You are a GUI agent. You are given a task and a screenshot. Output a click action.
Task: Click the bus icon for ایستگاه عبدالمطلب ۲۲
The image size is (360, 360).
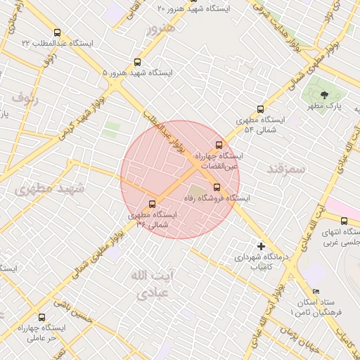[57, 32]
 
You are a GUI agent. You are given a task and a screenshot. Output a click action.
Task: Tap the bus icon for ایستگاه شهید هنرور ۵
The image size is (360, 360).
[137, 62]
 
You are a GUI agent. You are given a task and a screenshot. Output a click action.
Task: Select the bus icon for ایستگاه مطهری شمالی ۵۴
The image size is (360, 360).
[260, 109]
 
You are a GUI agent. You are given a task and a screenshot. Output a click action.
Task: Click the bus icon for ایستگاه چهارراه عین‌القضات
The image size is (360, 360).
[218, 144]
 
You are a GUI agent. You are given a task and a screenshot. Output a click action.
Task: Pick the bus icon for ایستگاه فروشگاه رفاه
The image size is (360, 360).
[216, 187]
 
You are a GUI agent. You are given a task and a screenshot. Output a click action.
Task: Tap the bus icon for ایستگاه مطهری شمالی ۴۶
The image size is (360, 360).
[153, 204]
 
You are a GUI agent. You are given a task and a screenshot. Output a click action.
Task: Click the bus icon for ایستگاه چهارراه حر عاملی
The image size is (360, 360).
[41, 317]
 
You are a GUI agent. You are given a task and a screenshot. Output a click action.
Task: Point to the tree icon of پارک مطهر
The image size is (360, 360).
[324, 94]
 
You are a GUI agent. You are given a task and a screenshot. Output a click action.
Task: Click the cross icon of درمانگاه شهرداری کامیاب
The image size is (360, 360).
[261, 246]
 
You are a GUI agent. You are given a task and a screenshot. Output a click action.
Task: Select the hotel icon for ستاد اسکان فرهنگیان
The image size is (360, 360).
[316, 291]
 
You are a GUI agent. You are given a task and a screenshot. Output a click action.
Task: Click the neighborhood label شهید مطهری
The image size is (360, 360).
[50, 188]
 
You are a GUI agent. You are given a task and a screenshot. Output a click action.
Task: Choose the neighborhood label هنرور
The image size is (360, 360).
[160, 29]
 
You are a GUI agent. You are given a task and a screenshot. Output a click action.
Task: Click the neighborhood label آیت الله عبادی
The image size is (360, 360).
[146, 285]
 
